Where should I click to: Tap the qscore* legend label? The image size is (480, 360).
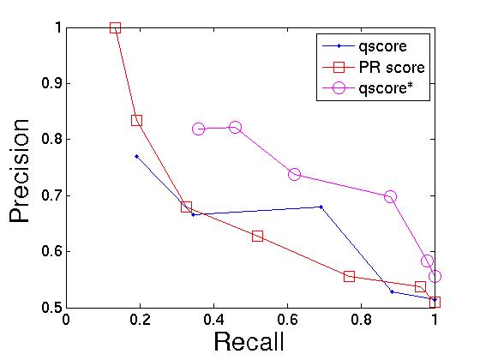(383, 87)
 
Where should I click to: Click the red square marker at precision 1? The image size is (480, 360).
(115, 27)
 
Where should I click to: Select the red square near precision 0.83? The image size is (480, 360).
(136, 120)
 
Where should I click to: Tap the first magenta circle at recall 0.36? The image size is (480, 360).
(199, 129)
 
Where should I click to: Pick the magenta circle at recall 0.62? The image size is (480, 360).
(295, 174)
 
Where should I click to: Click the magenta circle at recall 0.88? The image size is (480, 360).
(390, 196)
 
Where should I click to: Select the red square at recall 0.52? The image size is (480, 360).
(257, 236)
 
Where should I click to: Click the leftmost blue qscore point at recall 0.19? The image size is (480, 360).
(136, 156)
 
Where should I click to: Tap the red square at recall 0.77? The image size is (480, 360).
(349, 276)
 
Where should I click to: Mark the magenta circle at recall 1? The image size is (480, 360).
(435, 276)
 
